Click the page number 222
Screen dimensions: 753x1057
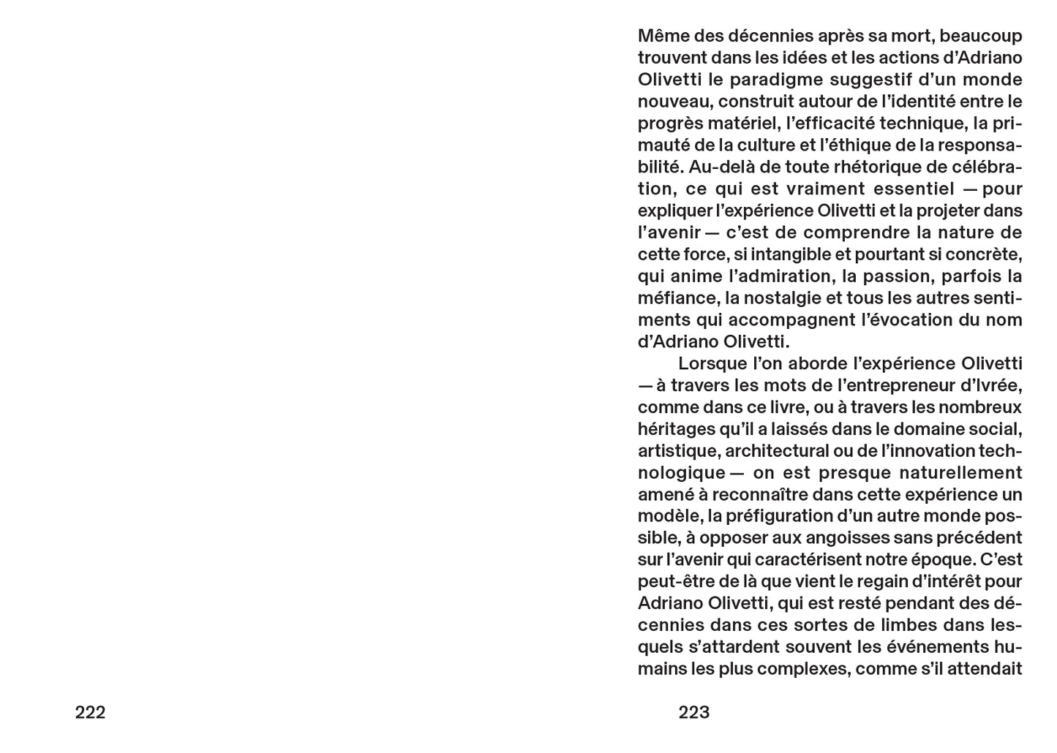click(x=90, y=712)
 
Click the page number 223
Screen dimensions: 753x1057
click(x=693, y=712)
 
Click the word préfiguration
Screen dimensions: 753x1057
click(x=778, y=516)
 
